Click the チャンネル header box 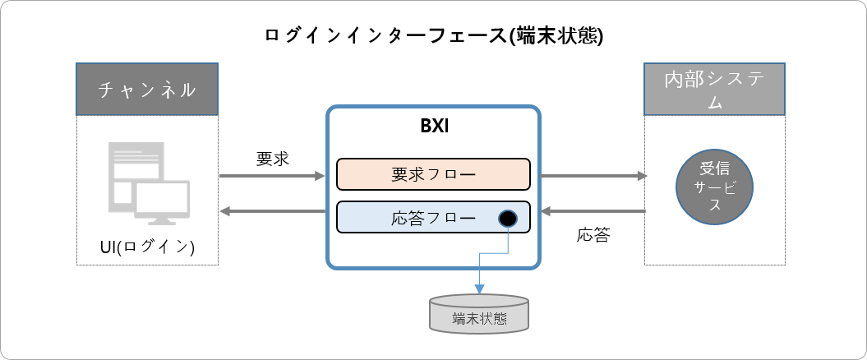coord(147,89)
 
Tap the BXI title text coord(433,129)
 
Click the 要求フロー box coord(433,175)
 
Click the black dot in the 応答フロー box coord(508,219)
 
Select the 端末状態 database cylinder coord(479,314)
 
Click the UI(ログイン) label coord(148,247)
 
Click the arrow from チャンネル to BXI coord(272,175)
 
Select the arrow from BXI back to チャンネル coord(272,213)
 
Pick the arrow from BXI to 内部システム coord(592,175)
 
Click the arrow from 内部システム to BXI coord(592,213)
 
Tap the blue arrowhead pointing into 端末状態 coord(479,288)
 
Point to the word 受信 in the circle coord(715,169)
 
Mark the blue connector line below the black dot coord(508,240)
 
